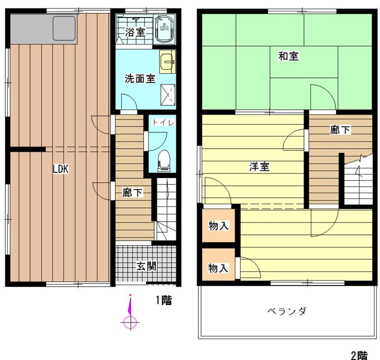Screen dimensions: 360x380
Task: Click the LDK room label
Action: pyautogui.click(x=60, y=169)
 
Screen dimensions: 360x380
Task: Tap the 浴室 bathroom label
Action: pyautogui.click(x=135, y=32)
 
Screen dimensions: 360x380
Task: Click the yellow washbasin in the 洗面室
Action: pyautogui.click(x=168, y=62)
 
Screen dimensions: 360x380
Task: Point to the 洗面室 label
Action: pyautogui.click(x=140, y=79)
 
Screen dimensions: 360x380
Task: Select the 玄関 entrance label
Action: pyautogui.click(x=146, y=266)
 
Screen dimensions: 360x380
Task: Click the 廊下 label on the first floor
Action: pyautogui.click(x=133, y=193)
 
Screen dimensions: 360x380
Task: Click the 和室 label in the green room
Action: pyautogui.click(x=288, y=56)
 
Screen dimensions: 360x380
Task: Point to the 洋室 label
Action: pyautogui.click(x=259, y=167)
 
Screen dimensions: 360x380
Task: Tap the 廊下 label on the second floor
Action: pyautogui.click(x=340, y=130)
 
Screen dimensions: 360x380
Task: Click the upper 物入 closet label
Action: pyautogui.click(x=218, y=226)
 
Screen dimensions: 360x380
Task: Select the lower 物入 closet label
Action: pyautogui.click(x=218, y=268)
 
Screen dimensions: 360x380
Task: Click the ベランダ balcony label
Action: pyautogui.click(x=287, y=311)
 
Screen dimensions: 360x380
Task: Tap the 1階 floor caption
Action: pyautogui.click(x=163, y=300)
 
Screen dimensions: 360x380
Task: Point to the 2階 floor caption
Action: pyautogui.click(x=359, y=355)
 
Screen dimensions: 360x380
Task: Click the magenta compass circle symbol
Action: pyautogui.click(x=130, y=322)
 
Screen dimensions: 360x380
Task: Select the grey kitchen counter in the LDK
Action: pyautogui.click(x=43, y=29)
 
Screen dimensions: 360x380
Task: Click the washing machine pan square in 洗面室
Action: pyautogui.click(x=168, y=94)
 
